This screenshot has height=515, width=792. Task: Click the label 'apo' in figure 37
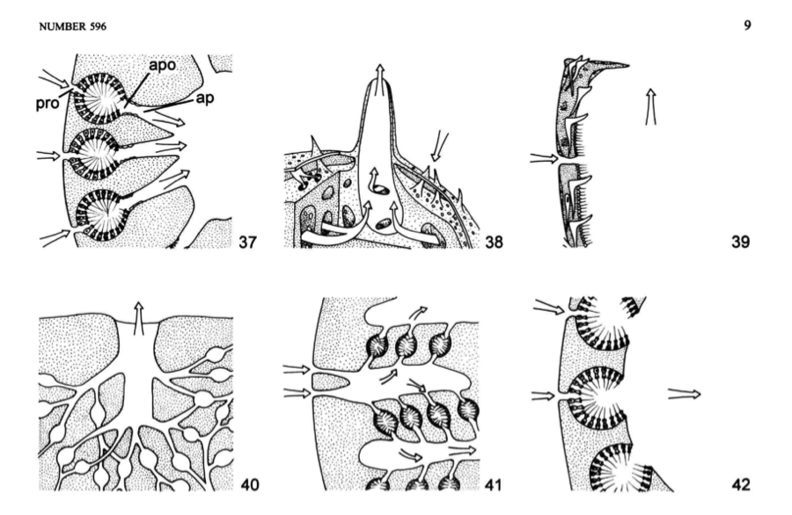162,67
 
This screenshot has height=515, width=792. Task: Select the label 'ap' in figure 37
204,98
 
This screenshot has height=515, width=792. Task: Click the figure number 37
247,242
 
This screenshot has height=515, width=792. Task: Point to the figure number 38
495,242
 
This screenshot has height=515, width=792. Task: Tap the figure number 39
741,242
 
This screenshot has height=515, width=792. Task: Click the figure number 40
250,485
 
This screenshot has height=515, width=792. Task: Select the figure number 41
493,485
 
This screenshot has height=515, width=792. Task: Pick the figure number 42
741,485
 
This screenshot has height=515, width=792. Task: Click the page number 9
747,25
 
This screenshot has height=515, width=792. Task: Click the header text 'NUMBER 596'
73,26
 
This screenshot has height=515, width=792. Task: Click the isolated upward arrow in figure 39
651,107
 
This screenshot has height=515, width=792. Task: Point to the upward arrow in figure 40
138,318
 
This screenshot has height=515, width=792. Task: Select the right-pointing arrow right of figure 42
685,394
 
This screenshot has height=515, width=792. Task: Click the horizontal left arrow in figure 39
544,159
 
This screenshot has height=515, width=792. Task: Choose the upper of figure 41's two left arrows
297,371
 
